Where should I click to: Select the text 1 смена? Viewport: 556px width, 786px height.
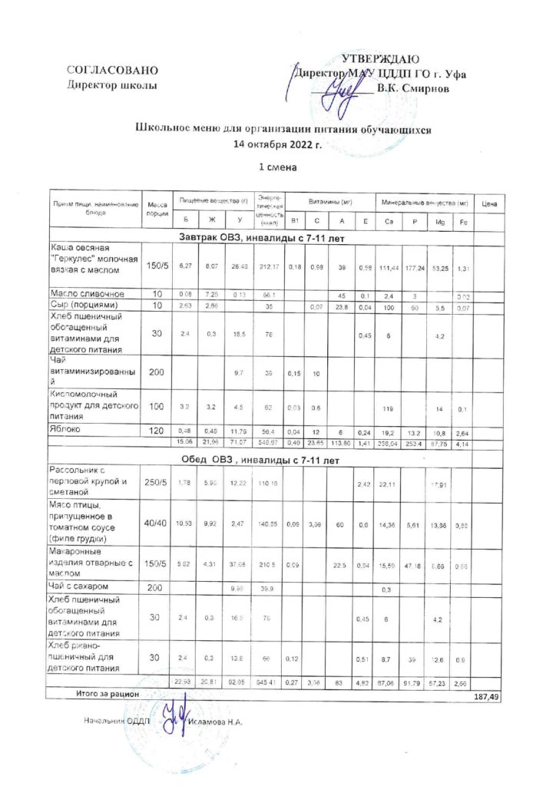point(278,165)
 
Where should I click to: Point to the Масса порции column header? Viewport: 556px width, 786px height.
point(157,207)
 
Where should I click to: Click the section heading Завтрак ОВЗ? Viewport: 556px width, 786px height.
point(261,237)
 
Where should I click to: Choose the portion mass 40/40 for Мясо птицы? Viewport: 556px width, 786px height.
point(157,523)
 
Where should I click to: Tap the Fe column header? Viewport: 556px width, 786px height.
point(463,222)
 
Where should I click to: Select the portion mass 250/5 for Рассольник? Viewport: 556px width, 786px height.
point(157,481)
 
